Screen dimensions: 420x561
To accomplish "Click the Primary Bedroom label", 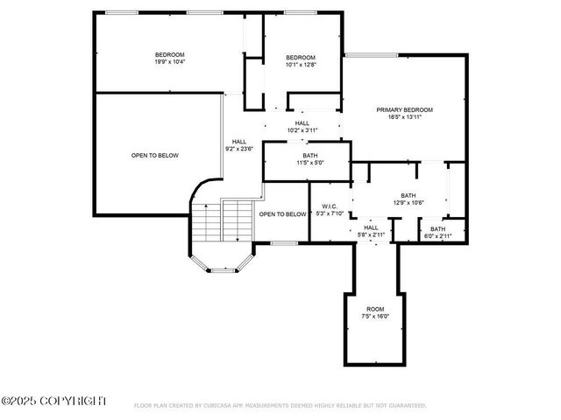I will [x=405, y=109].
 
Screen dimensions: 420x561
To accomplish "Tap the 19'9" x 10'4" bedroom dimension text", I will [x=170, y=62].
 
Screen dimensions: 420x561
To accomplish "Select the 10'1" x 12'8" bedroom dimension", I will [x=300, y=64].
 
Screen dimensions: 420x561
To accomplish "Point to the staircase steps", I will [x=221, y=220].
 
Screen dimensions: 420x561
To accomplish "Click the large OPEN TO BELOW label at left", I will [x=155, y=156].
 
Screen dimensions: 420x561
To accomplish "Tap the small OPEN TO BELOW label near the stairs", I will [x=282, y=213].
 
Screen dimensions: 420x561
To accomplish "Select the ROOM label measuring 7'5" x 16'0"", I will [x=375, y=309].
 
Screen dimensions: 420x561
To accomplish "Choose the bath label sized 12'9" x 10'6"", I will [x=408, y=195].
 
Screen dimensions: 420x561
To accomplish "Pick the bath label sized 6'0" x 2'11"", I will [x=437, y=229].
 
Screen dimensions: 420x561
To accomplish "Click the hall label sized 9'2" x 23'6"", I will [x=239, y=141].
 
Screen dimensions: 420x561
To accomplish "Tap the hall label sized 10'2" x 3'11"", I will [x=302, y=123].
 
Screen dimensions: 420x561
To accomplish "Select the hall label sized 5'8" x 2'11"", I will [x=372, y=227].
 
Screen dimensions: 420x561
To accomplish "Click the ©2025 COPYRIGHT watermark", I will [x=54, y=401].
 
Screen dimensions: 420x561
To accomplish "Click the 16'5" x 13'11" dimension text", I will [x=405, y=116].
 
